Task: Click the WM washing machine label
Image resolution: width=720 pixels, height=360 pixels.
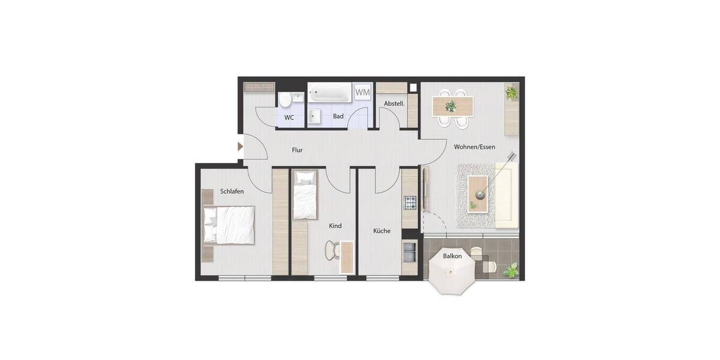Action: coord(362,92)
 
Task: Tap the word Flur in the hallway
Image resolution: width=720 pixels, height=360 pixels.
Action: coord(297,150)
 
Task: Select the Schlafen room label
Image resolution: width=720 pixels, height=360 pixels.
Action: coord(232,191)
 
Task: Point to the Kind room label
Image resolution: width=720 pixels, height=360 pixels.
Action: coord(335,226)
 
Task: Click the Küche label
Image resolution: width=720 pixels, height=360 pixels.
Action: coord(382,230)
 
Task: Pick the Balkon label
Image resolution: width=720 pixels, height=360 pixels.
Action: coord(452,256)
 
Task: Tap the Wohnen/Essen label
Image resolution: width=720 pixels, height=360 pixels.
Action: coord(474,146)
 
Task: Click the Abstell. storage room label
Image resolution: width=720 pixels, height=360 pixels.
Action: coord(394,103)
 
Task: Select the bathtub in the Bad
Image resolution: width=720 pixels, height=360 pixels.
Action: coord(329,93)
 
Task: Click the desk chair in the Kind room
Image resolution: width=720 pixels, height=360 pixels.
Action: coord(331,250)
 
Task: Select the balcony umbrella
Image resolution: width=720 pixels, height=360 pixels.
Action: coord(452,271)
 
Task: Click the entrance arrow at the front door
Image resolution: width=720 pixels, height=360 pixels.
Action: coord(240,146)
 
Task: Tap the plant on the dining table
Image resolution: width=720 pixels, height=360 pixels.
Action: coord(451,107)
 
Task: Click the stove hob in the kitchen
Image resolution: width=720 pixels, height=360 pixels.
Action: coord(410,203)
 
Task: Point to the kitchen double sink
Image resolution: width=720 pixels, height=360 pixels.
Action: coord(410,251)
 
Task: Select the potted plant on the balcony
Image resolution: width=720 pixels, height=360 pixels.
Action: coord(511,270)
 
